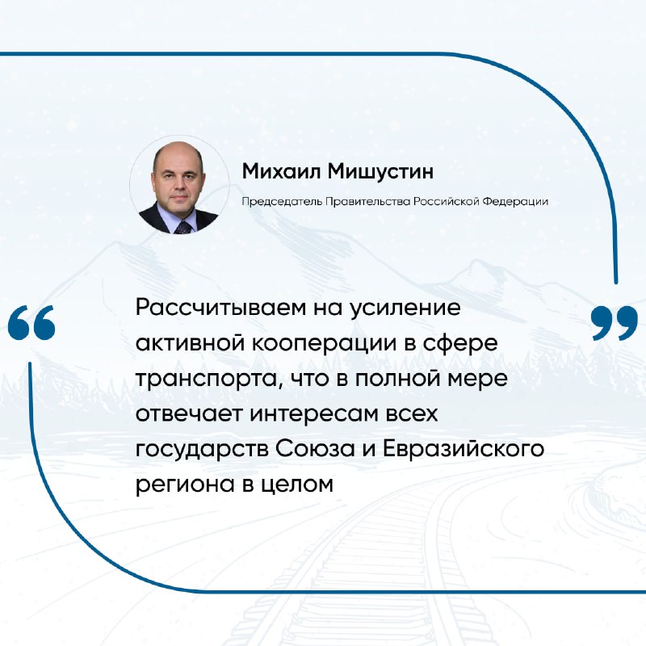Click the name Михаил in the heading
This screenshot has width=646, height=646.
281,170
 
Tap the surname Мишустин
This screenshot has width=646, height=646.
380,172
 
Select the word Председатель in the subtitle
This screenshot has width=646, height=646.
282,202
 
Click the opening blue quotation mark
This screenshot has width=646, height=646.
31,322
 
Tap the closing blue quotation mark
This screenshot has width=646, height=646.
615,323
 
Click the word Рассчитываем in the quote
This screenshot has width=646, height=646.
221,308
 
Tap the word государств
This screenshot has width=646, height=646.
201,450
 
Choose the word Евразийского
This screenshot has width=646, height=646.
464,449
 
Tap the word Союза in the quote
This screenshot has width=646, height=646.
315,449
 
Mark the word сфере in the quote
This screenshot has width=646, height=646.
458,345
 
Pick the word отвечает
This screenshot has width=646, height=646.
189,414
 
